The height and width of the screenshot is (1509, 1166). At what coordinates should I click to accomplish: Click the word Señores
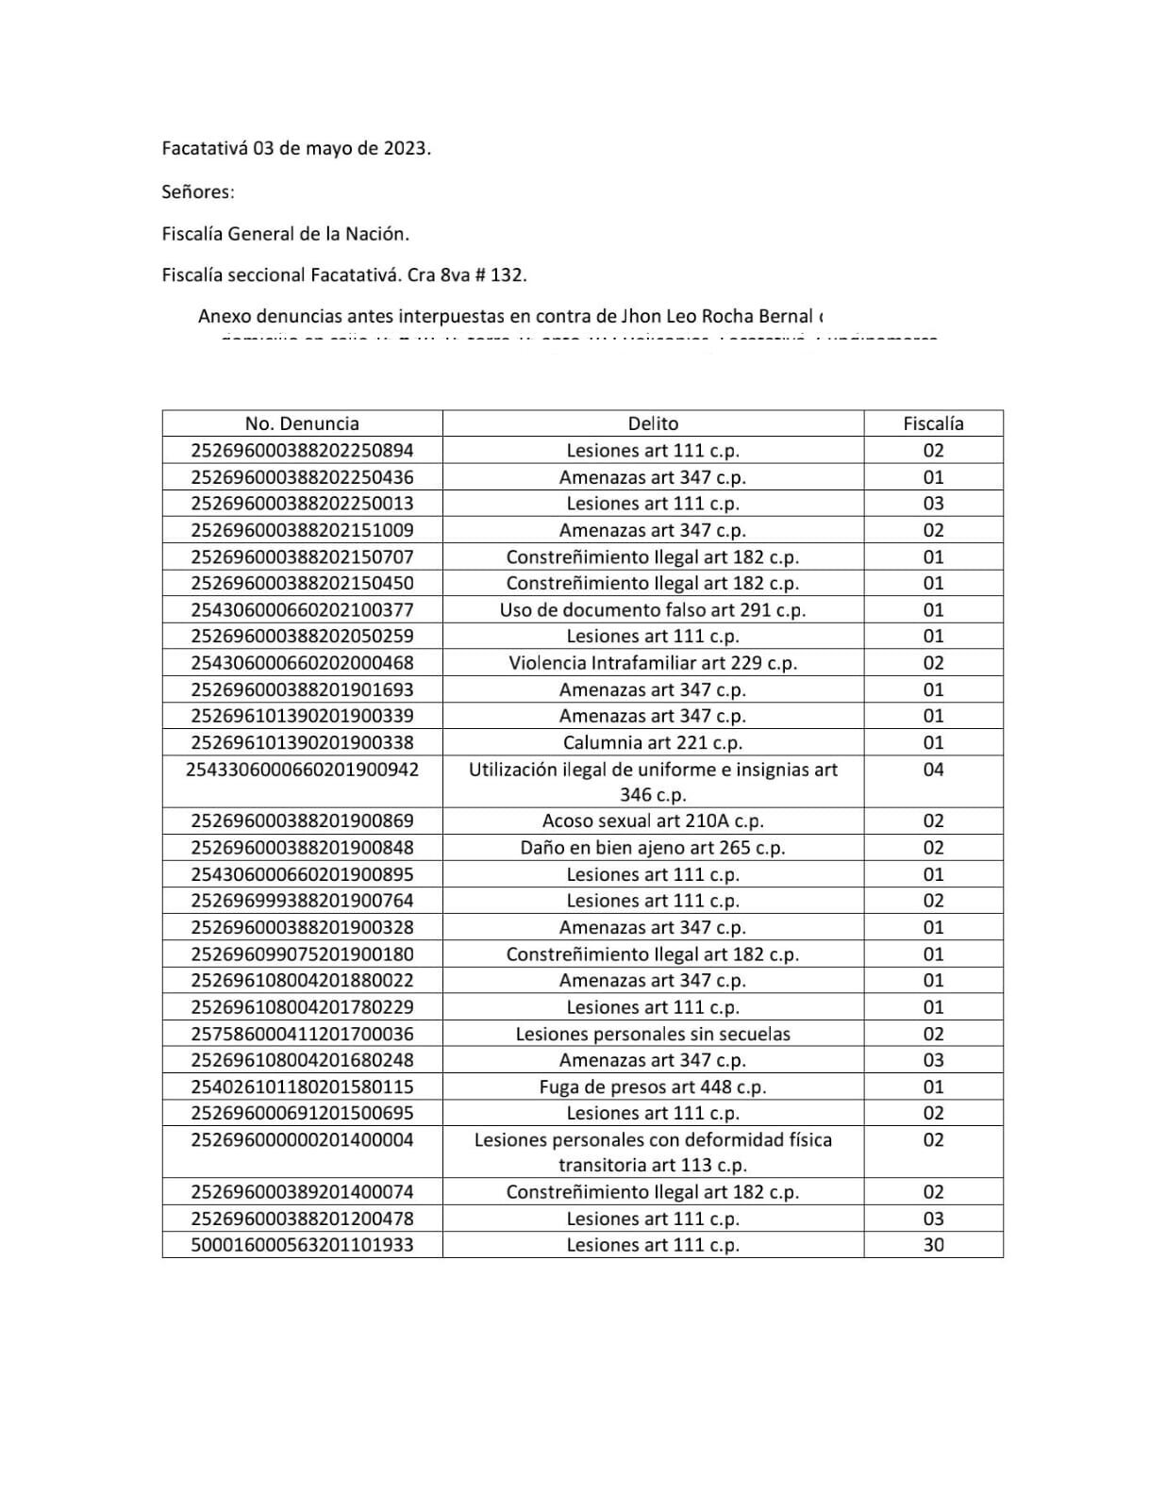click(197, 191)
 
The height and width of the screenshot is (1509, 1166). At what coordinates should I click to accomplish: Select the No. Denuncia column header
click(302, 423)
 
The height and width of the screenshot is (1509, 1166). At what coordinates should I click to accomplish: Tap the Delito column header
click(653, 423)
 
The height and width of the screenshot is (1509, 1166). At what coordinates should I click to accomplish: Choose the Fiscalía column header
click(933, 423)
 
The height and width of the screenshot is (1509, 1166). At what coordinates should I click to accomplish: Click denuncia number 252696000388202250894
click(302, 451)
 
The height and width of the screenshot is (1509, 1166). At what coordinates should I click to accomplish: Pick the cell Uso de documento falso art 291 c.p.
click(653, 610)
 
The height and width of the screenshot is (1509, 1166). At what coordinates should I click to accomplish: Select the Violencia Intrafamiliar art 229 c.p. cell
click(653, 663)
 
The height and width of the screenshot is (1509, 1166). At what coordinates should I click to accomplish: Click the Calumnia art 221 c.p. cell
click(653, 742)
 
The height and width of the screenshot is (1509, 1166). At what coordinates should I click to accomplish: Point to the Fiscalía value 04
click(933, 770)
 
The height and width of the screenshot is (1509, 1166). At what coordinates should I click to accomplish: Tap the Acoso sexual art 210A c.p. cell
click(653, 821)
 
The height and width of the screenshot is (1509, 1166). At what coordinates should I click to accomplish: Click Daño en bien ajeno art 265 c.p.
click(653, 848)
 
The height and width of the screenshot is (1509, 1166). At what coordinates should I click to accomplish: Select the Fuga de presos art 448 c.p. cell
click(653, 1086)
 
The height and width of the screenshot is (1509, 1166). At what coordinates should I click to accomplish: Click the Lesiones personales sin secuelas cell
click(653, 1034)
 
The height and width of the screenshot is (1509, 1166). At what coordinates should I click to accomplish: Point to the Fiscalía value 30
click(933, 1245)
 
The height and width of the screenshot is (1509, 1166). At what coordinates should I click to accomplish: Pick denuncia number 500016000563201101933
click(302, 1245)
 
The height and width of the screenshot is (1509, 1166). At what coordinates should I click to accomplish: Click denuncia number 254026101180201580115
click(302, 1086)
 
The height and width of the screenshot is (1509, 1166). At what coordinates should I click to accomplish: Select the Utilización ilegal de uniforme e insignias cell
click(653, 781)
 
